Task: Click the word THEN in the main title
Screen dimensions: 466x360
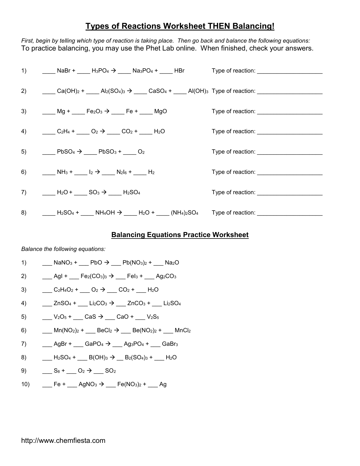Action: point(219,26)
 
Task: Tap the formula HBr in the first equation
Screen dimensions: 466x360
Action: point(179,71)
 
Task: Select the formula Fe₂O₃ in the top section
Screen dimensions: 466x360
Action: point(94,111)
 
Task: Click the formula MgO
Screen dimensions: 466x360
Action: point(160,111)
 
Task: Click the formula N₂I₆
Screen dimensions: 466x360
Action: point(121,172)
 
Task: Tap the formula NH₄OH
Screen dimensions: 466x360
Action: point(105,213)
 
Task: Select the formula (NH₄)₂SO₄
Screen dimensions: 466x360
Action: point(184,213)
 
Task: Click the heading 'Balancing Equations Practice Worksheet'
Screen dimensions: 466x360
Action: point(180,235)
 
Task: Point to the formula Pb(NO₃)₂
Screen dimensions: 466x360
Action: point(135,263)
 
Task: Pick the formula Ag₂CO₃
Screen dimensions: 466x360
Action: point(166,276)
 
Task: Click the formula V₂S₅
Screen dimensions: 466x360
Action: point(153,317)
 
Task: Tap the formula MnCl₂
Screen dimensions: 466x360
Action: point(183,331)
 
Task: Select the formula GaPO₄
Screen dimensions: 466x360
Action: point(94,344)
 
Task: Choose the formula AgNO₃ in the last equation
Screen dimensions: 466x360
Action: point(88,384)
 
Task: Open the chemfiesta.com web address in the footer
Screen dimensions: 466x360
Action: point(63,441)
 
